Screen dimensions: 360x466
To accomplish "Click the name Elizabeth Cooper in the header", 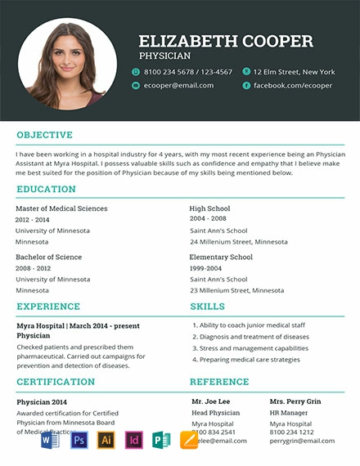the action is point(226,41).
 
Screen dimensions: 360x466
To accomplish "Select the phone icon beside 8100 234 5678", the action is point(136,72).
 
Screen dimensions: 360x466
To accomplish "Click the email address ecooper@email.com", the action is point(178,85).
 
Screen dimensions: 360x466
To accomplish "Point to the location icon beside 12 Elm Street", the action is point(245,72).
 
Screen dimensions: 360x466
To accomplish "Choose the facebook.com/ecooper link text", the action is point(293,85).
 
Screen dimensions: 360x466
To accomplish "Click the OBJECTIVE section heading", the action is point(44,135).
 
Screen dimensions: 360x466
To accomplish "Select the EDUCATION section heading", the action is point(46,190).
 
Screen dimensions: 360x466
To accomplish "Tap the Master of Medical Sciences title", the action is point(61,208).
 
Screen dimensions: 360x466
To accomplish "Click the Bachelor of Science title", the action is point(48,257).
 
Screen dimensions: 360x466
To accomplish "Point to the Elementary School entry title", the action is point(221,257).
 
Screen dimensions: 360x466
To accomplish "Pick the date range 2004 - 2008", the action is point(208,219).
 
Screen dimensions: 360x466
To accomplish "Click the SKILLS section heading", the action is point(207,307).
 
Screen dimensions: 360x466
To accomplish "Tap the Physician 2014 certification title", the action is point(42,401).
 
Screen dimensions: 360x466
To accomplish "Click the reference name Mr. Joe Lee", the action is point(210,401).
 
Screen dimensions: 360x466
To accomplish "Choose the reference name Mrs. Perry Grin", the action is point(295,401).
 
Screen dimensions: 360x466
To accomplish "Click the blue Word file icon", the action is point(51,441).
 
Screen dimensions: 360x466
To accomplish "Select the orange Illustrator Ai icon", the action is point(106,441).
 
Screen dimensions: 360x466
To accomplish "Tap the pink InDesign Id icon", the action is point(133,441).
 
